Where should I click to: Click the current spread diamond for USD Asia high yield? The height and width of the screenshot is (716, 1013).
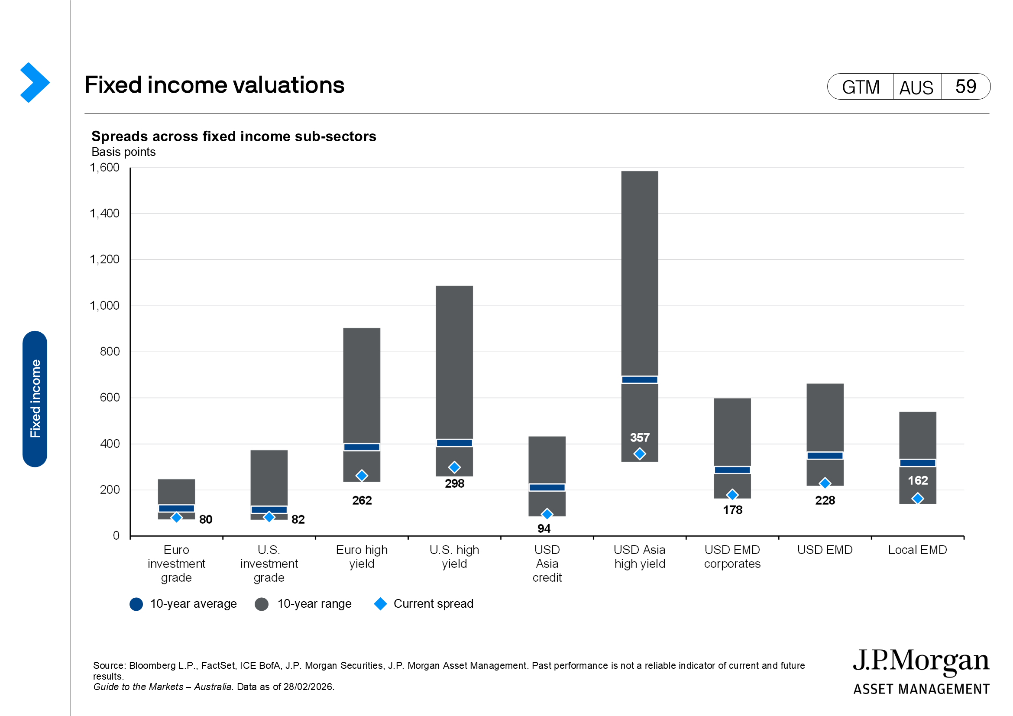(639, 454)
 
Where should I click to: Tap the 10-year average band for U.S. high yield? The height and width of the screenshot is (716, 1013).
(454, 443)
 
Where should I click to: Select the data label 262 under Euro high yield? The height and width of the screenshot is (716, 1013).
(362, 500)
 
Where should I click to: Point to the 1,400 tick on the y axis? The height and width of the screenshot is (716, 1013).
(104, 214)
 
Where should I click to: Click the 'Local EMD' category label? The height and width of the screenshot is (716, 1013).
(917, 550)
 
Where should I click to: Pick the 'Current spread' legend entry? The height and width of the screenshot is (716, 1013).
(424, 603)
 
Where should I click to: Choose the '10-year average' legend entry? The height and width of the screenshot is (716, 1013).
(183, 603)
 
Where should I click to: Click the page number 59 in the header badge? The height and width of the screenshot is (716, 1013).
(965, 87)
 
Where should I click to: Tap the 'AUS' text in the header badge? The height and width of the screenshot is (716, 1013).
(916, 87)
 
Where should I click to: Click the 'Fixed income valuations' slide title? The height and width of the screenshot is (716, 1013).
(214, 85)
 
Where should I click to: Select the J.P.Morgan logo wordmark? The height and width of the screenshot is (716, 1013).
(921, 662)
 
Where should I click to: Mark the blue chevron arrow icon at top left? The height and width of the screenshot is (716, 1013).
(34, 82)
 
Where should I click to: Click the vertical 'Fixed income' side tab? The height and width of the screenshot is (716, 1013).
(35, 398)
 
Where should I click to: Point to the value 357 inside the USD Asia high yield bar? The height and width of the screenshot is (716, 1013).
(639, 437)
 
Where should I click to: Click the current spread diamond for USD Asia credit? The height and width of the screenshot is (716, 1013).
(547, 514)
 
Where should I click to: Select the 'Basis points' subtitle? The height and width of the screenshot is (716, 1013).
(123, 152)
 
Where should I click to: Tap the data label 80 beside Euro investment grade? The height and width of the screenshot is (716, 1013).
(206, 519)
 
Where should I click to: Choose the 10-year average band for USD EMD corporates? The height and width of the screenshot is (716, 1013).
(732, 470)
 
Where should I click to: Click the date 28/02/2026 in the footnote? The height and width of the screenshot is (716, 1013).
(309, 687)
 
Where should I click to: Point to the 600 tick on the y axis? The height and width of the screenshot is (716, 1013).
(110, 398)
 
